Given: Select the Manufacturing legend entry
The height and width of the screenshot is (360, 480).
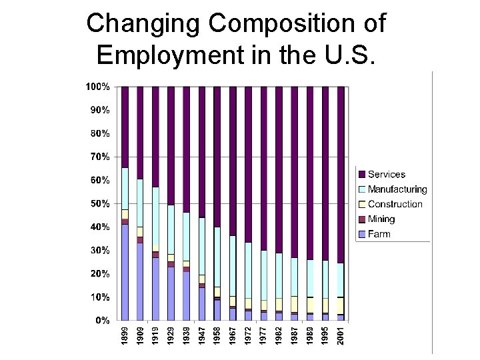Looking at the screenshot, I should point(397,189).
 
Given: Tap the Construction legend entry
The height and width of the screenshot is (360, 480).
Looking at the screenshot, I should point(395,204).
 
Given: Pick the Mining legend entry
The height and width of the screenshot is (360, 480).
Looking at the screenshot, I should point(381,219).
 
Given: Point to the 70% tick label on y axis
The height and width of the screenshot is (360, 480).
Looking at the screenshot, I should point(100,157).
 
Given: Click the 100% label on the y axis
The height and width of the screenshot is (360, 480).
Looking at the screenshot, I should point(98,87).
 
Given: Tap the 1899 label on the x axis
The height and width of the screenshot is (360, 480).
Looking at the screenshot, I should point(125,334).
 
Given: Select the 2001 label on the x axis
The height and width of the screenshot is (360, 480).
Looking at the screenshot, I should point(341,334).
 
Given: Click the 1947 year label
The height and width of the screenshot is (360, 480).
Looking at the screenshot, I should point(202,334).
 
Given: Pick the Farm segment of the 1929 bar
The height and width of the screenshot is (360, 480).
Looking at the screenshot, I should point(171,293).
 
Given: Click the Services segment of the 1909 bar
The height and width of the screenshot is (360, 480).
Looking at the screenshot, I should point(140,133).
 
